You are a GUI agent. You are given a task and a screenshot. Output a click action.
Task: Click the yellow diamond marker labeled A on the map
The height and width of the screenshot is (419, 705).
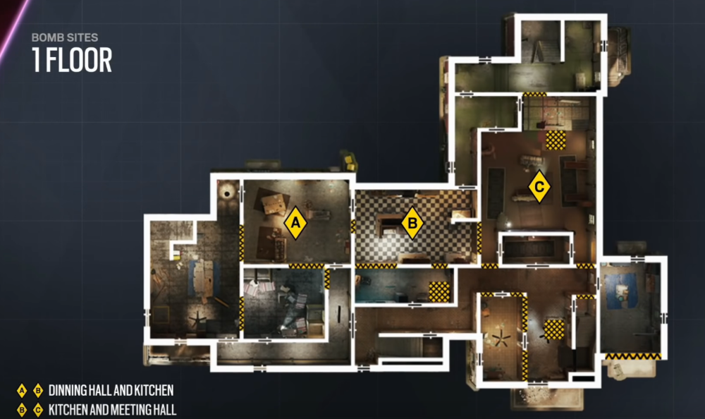(296, 221)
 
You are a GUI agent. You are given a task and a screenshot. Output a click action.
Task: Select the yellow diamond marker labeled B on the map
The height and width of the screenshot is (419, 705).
(412, 224)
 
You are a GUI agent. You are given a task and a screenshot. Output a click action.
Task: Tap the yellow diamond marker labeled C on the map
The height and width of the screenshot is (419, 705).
(539, 186)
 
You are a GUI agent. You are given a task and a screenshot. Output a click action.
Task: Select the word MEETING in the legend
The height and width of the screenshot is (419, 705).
(128, 409)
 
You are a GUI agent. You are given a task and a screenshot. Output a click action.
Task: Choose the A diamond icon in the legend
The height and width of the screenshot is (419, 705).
(22, 390)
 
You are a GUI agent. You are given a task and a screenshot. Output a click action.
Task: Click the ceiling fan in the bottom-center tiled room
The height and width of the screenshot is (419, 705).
(502, 341)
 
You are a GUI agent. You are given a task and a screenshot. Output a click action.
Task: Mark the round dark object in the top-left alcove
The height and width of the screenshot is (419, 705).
(227, 190)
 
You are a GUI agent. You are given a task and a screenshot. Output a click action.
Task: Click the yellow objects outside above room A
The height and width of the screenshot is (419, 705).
(349, 161)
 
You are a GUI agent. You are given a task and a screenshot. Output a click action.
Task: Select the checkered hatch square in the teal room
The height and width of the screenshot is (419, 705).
(441, 291)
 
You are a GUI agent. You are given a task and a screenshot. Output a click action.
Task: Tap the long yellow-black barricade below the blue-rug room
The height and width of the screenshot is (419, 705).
(634, 357)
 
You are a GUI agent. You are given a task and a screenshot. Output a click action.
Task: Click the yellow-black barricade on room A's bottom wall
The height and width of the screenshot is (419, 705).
(307, 266)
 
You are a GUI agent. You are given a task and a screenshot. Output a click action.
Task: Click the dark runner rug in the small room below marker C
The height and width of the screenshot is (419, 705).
(536, 249)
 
